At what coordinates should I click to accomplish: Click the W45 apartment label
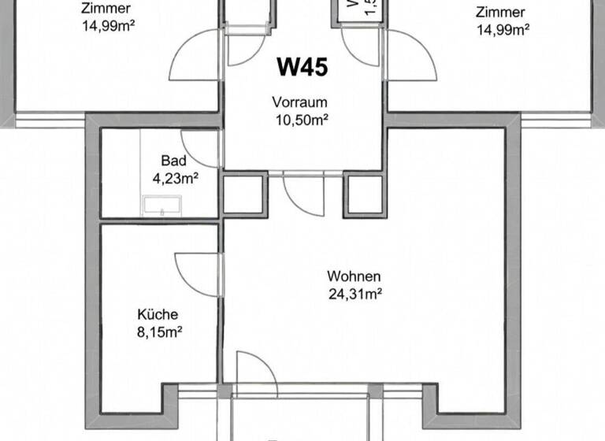pos(302,67)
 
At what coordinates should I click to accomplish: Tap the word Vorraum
pos(299,102)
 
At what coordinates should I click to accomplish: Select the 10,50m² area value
pos(300,119)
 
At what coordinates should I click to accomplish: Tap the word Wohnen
pos(354,277)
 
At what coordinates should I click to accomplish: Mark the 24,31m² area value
pos(355,295)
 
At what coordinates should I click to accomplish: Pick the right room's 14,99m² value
pos(503,29)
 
